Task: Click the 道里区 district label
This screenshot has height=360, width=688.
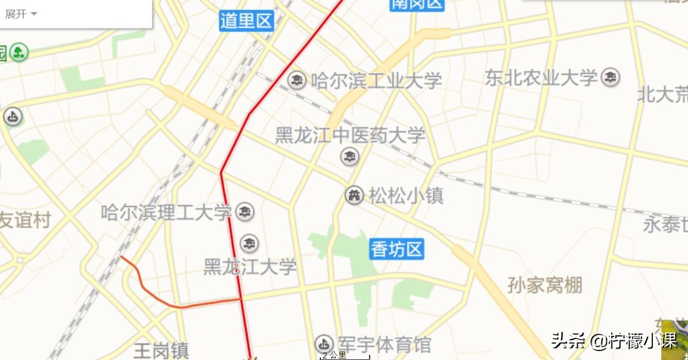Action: pyautogui.click(x=247, y=20)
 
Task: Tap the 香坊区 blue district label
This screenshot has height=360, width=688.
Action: pyautogui.click(x=397, y=249)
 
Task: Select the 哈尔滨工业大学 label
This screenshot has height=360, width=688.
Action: pyautogui.click(x=376, y=81)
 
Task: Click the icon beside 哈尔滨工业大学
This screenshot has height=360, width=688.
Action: pyautogui.click(x=297, y=80)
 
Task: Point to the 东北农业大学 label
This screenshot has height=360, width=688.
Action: pyautogui.click(x=541, y=78)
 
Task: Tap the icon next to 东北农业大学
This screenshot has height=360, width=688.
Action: pyautogui.click(x=611, y=77)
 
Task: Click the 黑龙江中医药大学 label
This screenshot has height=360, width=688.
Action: pyautogui.click(x=350, y=135)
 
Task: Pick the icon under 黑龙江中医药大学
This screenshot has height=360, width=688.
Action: pyautogui.click(x=348, y=156)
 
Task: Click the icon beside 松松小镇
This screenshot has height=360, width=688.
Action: pyautogui.click(x=354, y=195)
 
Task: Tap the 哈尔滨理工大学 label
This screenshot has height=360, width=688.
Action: pyautogui.click(x=166, y=212)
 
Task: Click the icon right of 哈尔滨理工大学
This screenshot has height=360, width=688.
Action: pyautogui.click(x=245, y=212)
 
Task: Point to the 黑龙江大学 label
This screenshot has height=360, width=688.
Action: pyautogui.click(x=250, y=266)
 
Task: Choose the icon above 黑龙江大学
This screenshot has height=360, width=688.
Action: pyautogui.click(x=249, y=243)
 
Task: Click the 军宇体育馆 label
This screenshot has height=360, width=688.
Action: pyautogui.click(x=385, y=345)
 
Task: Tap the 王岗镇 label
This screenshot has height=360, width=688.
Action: pyautogui.click(x=161, y=350)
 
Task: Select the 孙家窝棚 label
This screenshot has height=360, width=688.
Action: pyautogui.click(x=545, y=285)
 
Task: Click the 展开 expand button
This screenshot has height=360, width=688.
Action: pyautogui.click(x=21, y=14)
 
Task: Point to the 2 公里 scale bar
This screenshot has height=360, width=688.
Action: pyautogui.click(x=345, y=356)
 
